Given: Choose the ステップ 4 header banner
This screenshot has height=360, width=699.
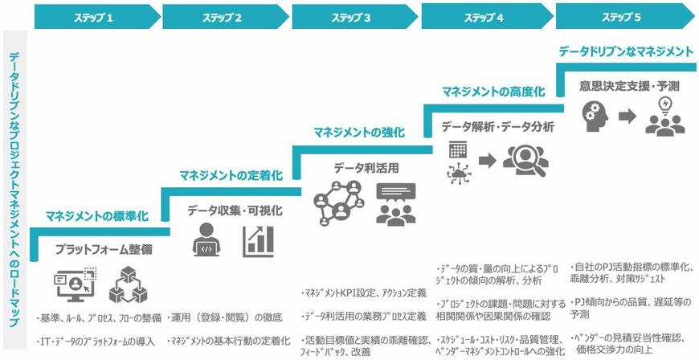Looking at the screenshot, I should point(484,15).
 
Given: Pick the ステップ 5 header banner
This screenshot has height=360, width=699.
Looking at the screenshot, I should point(622,15).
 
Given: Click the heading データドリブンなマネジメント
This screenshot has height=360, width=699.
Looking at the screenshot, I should point(626,51).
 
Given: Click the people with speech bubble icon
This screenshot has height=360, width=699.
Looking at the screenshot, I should point(394,202).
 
